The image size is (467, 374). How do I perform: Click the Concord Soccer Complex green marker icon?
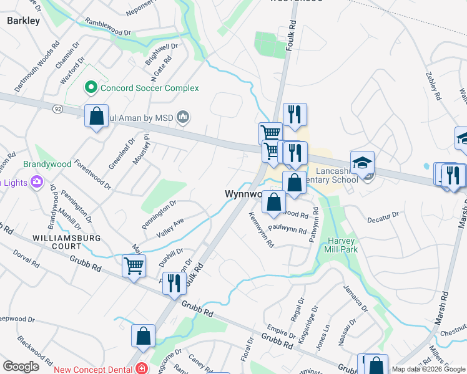[x=91, y=89]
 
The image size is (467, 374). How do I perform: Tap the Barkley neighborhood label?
[x=23, y=21]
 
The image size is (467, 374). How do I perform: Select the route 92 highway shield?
[x=57, y=108]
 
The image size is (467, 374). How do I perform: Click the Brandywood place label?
[x=44, y=165]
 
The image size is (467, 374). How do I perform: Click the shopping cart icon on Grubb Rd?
[x=134, y=266]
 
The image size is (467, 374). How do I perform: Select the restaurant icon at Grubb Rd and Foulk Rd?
[x=174, y=284]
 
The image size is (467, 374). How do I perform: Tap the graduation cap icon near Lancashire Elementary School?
[x=362, y=163]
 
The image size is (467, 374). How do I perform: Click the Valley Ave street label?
[x=169, y=231]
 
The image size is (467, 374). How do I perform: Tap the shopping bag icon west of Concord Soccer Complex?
[x=97, y=116]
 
